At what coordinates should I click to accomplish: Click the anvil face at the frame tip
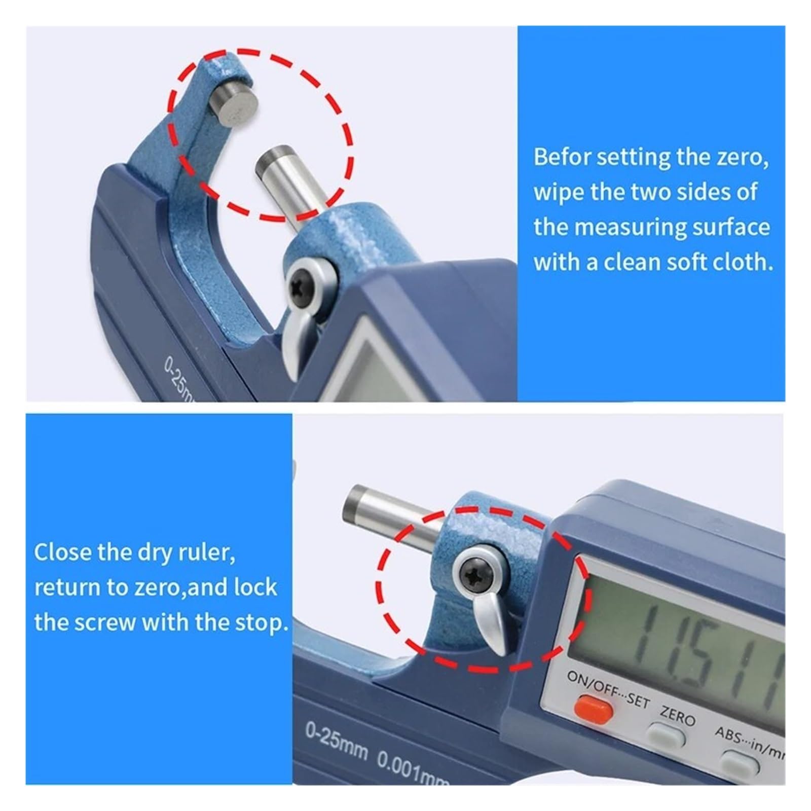[x=238, y=107]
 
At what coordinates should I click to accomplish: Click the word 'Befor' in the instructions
[x=562, y=157]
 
